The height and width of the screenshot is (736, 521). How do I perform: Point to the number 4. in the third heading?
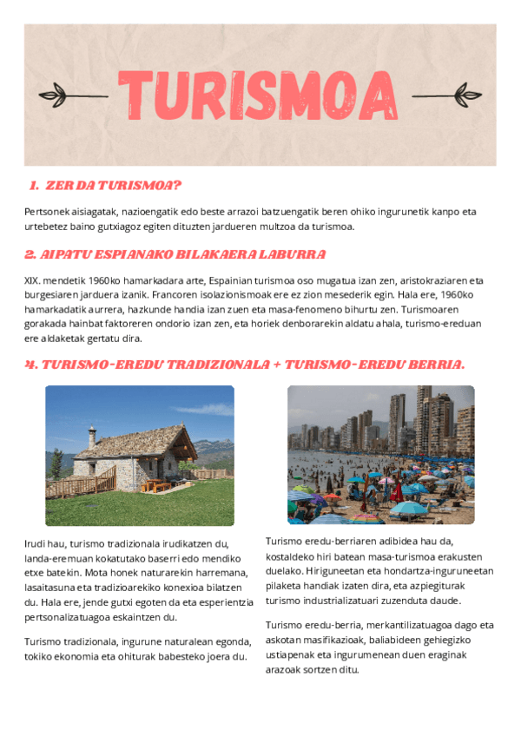(x=31, y=365)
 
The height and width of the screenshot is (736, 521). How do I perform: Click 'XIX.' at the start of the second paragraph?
(x=33, y=281)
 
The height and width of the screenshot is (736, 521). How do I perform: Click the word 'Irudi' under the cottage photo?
(x=37, y=544)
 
